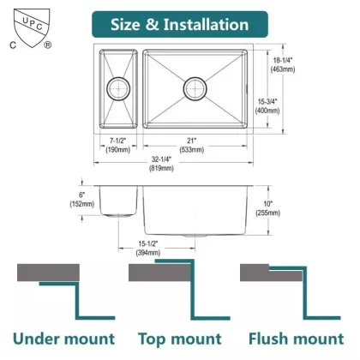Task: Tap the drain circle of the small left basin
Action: coord(115,87)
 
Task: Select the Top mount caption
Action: coord(180,339)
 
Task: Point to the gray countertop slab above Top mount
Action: coord(154,273)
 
